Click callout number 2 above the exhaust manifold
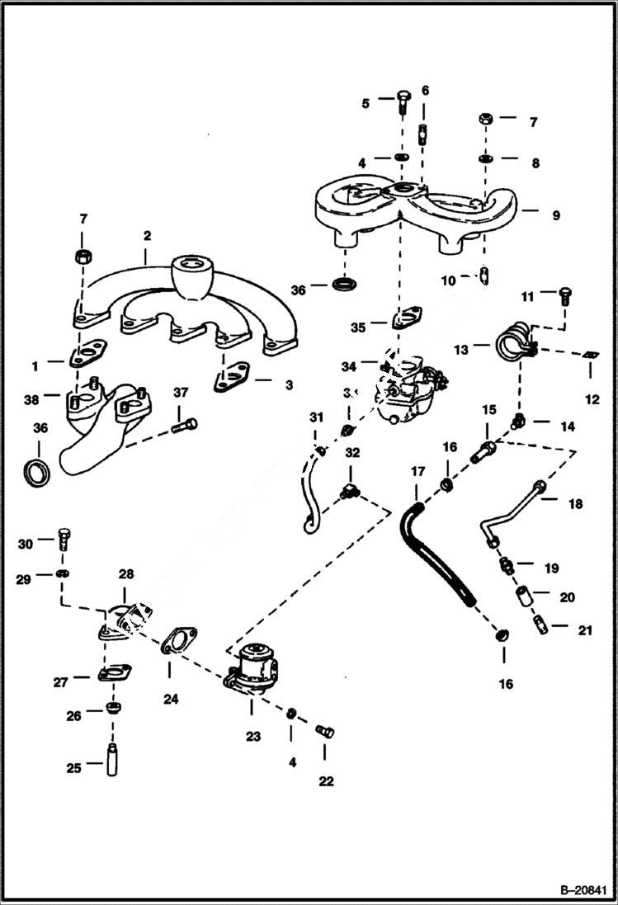[147, 236]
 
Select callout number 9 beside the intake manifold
[556, 215]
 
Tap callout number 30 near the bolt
[26, 544]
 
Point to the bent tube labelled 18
[513, 511]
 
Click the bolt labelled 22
[324, 730]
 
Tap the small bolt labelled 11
[566, 294]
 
